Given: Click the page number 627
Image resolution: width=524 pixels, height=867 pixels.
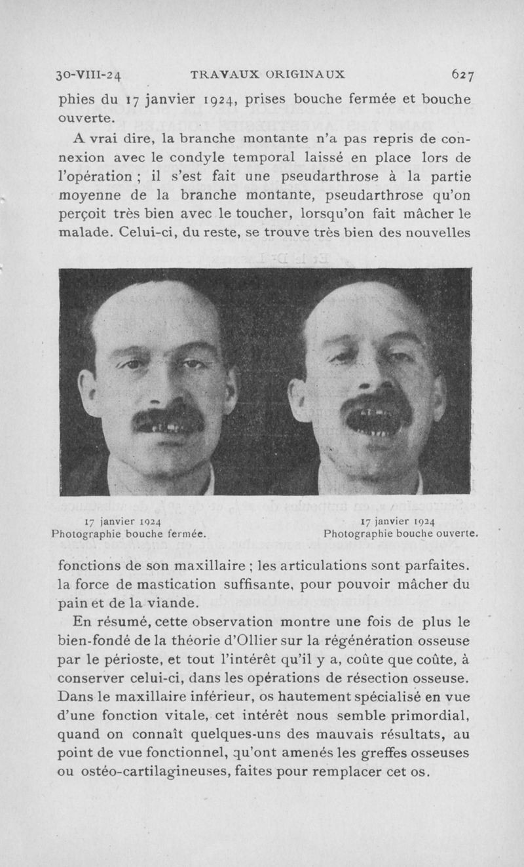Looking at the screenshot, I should [461, 75].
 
